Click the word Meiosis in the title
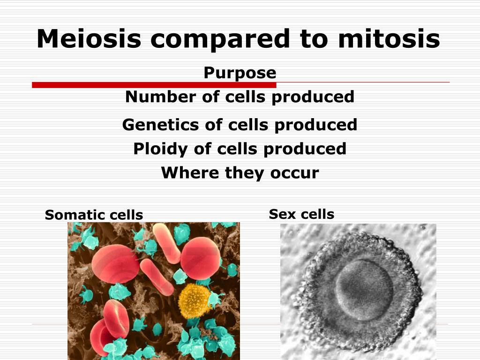point(89,38)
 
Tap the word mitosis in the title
point(389,38)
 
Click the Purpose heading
point(240,73)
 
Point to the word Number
point(161,97)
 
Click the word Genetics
point(160,125)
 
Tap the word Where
point(190,172)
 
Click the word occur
point(294,173)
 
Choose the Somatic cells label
point(94,215)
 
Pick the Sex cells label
point(301,214)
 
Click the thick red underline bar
point(154,85)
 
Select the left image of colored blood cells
point(154,291)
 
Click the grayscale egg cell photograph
point(358,292)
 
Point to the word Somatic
point(75,215)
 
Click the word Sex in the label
point(281,214)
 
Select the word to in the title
point(314,39)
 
